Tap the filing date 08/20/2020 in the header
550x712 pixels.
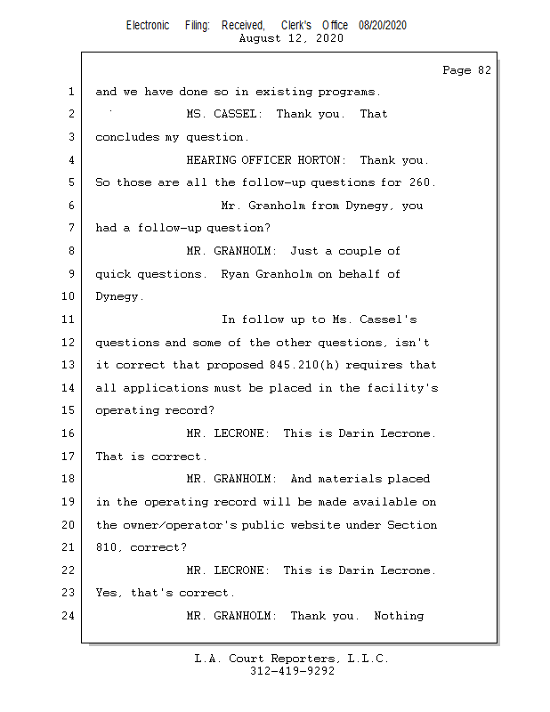383,26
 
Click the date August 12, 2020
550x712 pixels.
291,38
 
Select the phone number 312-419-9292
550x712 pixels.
292,671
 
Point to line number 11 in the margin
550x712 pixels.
69,320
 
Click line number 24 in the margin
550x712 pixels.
69,616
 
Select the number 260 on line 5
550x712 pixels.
422,182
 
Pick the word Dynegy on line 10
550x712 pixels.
117,296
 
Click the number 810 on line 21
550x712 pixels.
107,547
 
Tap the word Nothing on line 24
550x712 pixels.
399,616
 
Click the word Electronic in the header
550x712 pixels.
148,26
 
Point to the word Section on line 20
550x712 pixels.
412,525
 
